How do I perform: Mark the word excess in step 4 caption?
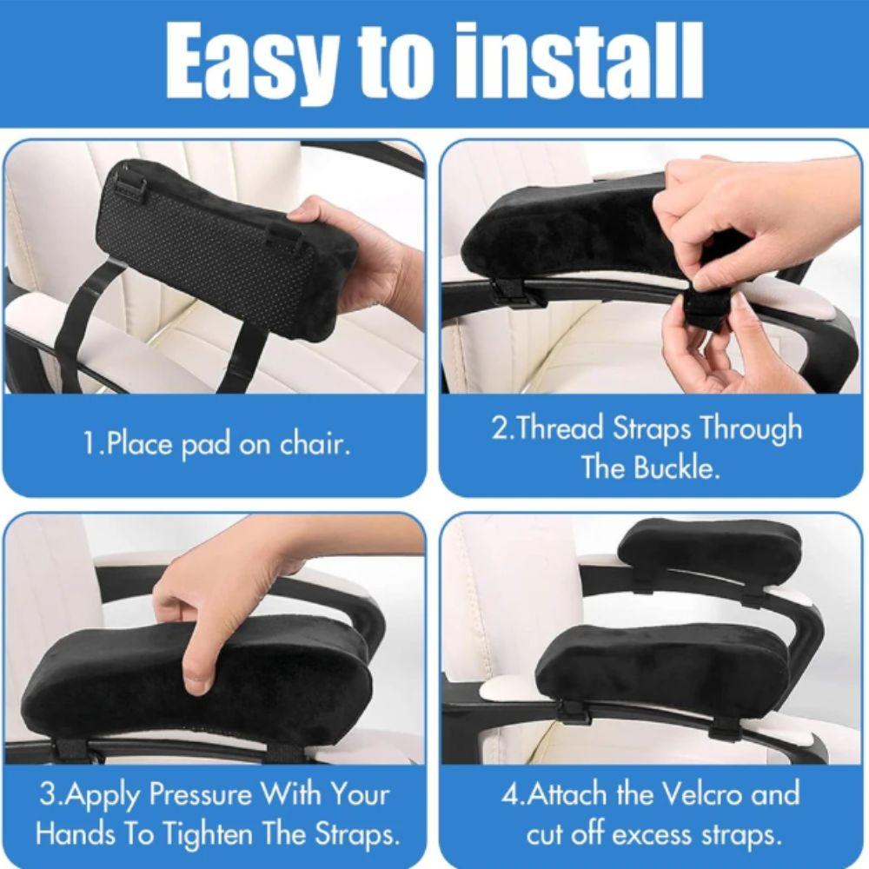pos(647,834)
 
